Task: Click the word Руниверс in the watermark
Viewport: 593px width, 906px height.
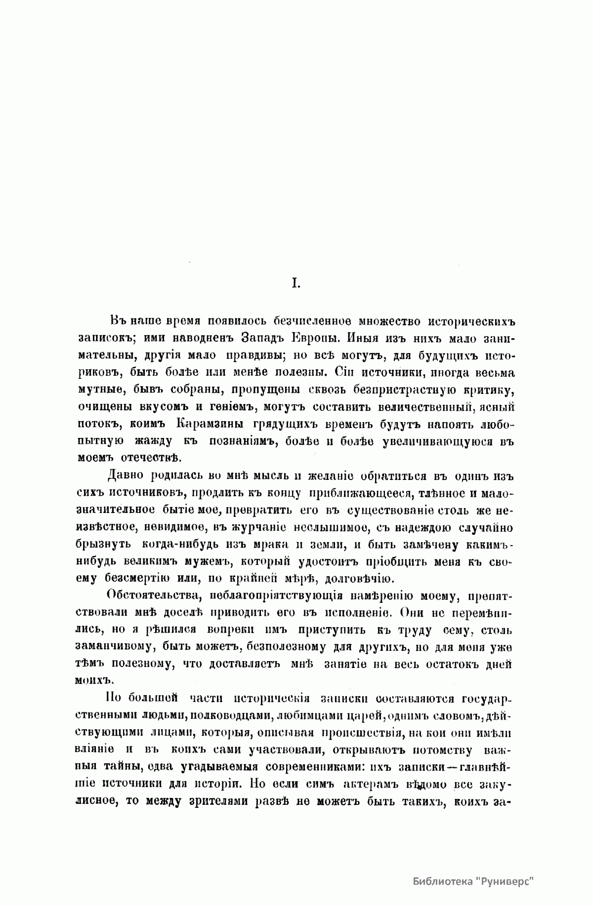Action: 508,881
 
